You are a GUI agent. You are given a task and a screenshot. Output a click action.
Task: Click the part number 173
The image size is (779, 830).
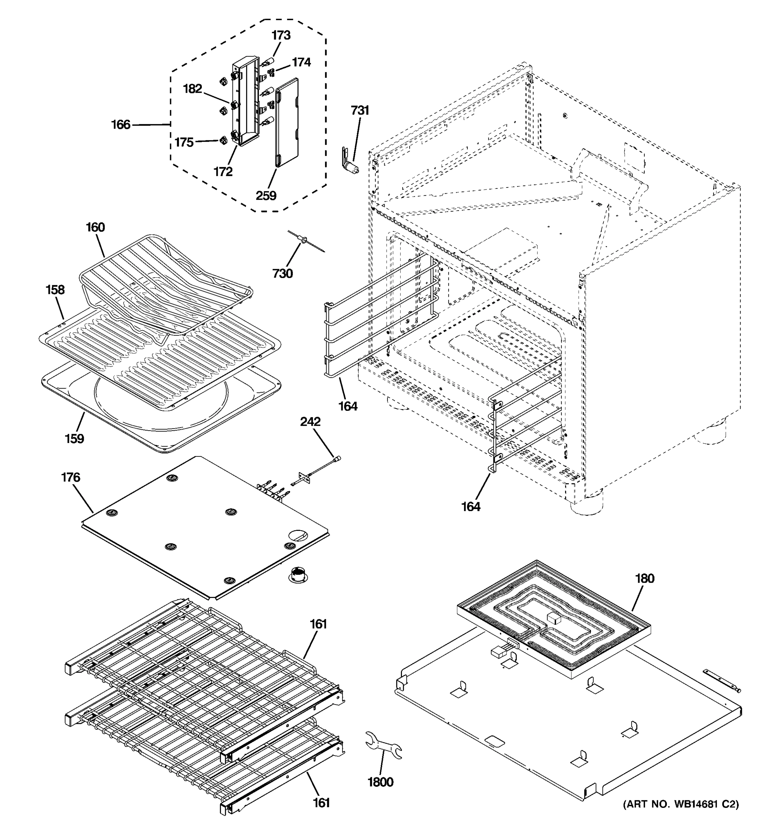pyautogui.click(x=281, y=36)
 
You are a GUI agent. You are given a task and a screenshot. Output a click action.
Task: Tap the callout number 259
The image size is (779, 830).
pyautogui.click(x=266, y=195)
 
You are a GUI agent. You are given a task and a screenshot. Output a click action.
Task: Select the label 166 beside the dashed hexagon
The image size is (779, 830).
pyautogui.click(x=120, y=124)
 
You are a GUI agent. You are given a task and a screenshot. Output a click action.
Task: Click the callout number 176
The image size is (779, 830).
pyautogui.click(x=70, y=477)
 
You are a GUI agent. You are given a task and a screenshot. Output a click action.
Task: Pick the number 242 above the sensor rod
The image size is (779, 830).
pyautogui.click(x=310, y=421)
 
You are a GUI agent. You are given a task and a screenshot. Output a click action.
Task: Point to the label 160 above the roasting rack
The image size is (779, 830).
pyautogui.click(x=95, y=227)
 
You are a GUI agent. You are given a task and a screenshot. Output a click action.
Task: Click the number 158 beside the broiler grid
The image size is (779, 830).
pyautogui.click(x=55, y=289)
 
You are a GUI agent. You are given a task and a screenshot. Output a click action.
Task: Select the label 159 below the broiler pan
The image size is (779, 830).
pyautogui.click(x=74, y=439)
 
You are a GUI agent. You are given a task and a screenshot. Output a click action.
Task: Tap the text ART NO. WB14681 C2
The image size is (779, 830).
pyautogui.click(x=680, y=804)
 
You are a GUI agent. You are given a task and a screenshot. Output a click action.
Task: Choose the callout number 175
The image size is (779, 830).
pyautogui.click(x=184, y=142)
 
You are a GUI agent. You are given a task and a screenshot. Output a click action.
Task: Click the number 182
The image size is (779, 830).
pyautogui.click(x=192, y=89)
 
